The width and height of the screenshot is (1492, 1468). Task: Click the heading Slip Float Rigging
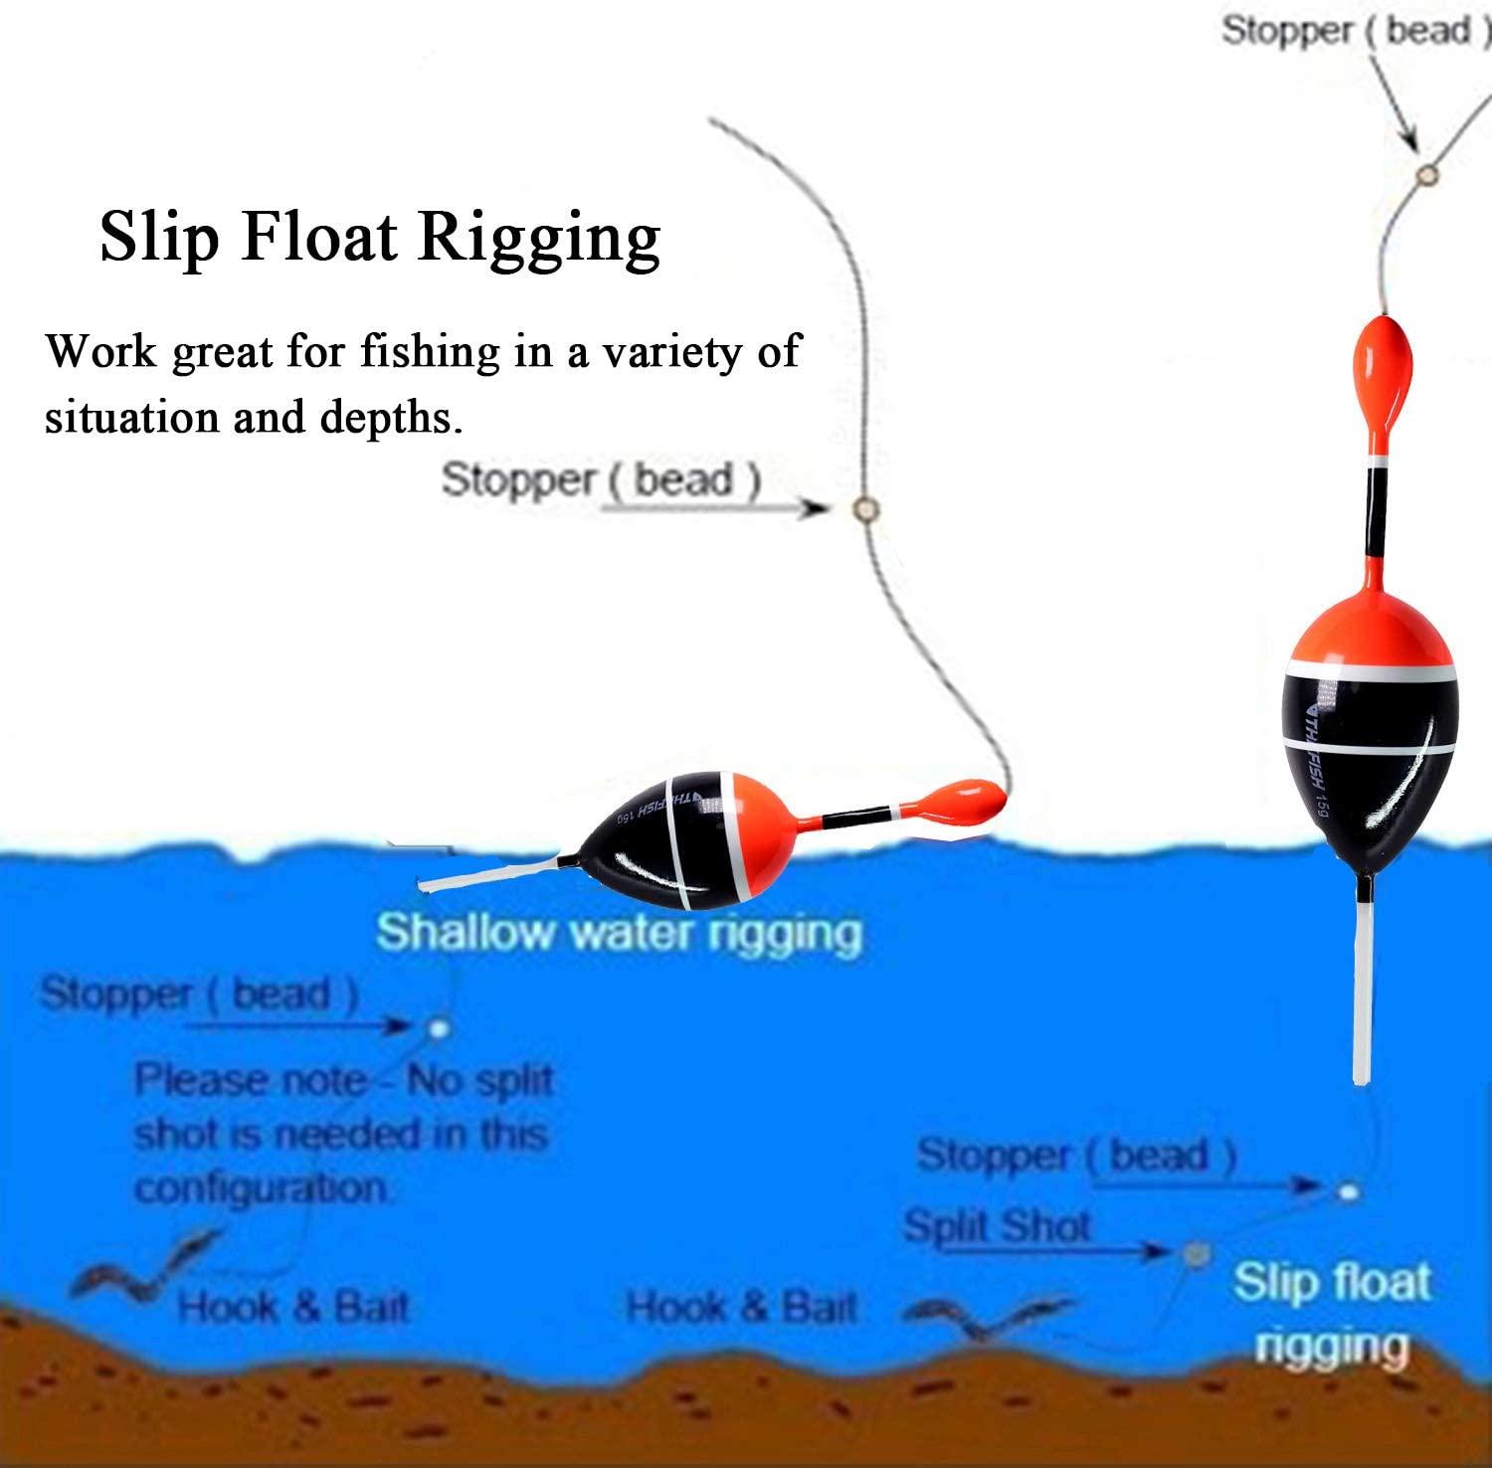pyautogui.click(x=380, y=239)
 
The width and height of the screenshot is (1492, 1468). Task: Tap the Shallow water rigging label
pyautogui.click(x=618, y=933)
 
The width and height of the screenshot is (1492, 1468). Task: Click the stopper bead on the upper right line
pyautogui.click(x=1428, y=175)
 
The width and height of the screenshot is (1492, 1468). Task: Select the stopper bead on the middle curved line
pyautogui.click(x=865, y=509)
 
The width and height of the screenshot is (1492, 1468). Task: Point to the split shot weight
pyautogui.click(x=1194, y=1253)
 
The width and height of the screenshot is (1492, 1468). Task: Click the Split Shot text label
pyautogui.click(x=997, y=1226)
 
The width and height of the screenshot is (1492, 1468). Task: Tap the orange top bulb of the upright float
pyautogui.click(x=1383, y=373)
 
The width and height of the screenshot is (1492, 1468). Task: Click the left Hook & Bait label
pyautogui.click(x=293, y=1307)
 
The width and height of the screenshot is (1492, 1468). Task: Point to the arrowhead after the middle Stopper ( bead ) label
pyautogui.click(x=818, y=509)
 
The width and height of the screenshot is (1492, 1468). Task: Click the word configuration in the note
pyautogui.click(x=261, y=1188)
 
